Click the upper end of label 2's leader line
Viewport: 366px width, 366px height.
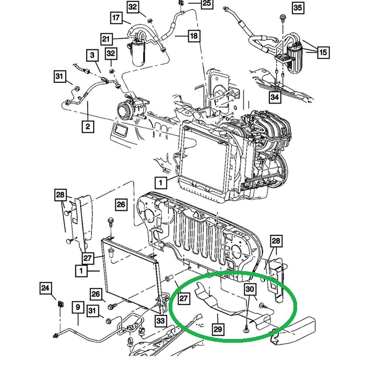coord(88,101)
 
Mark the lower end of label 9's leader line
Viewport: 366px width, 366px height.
coord(78,325)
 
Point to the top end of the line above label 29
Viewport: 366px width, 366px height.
coord(217,314)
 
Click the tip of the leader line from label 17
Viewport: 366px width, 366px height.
coord(131,23)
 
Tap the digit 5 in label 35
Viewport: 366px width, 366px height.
coord(300,8)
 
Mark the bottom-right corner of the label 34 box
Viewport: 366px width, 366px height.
coord(281,103)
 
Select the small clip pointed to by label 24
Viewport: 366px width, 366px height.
coord(60,304)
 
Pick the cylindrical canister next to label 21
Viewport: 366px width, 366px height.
coord(138,53)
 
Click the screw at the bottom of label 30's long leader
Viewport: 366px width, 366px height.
coord(246,330)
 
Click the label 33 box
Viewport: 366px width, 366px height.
coord(161,321)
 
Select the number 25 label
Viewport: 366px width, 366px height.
coord(207,4)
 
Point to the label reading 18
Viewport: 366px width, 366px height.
coord(194,36)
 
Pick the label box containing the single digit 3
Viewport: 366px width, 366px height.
coord(92,55)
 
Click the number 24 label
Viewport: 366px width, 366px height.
coord(45,288)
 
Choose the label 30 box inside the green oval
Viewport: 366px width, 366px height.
coord(250,289)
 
